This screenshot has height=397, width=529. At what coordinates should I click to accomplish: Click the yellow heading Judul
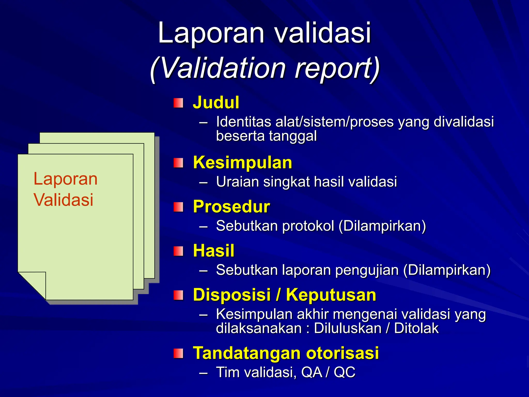(216, 102)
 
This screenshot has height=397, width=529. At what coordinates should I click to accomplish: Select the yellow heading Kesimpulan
(242, 163)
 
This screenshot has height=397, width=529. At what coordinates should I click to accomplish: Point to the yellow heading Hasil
(214, 250)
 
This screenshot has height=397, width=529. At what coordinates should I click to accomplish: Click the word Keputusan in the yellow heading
(331, 295)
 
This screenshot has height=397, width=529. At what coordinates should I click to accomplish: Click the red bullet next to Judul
(178, 103)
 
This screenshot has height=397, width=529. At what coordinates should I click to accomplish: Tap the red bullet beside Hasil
(178, 251)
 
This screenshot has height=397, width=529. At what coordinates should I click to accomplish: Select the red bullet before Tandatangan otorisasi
(178, 353)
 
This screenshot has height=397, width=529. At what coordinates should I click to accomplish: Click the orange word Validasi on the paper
(63, 200)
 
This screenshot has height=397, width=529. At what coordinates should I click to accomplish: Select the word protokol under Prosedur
(308, 226)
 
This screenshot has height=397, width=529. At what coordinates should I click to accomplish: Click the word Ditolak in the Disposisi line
(416, 328)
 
